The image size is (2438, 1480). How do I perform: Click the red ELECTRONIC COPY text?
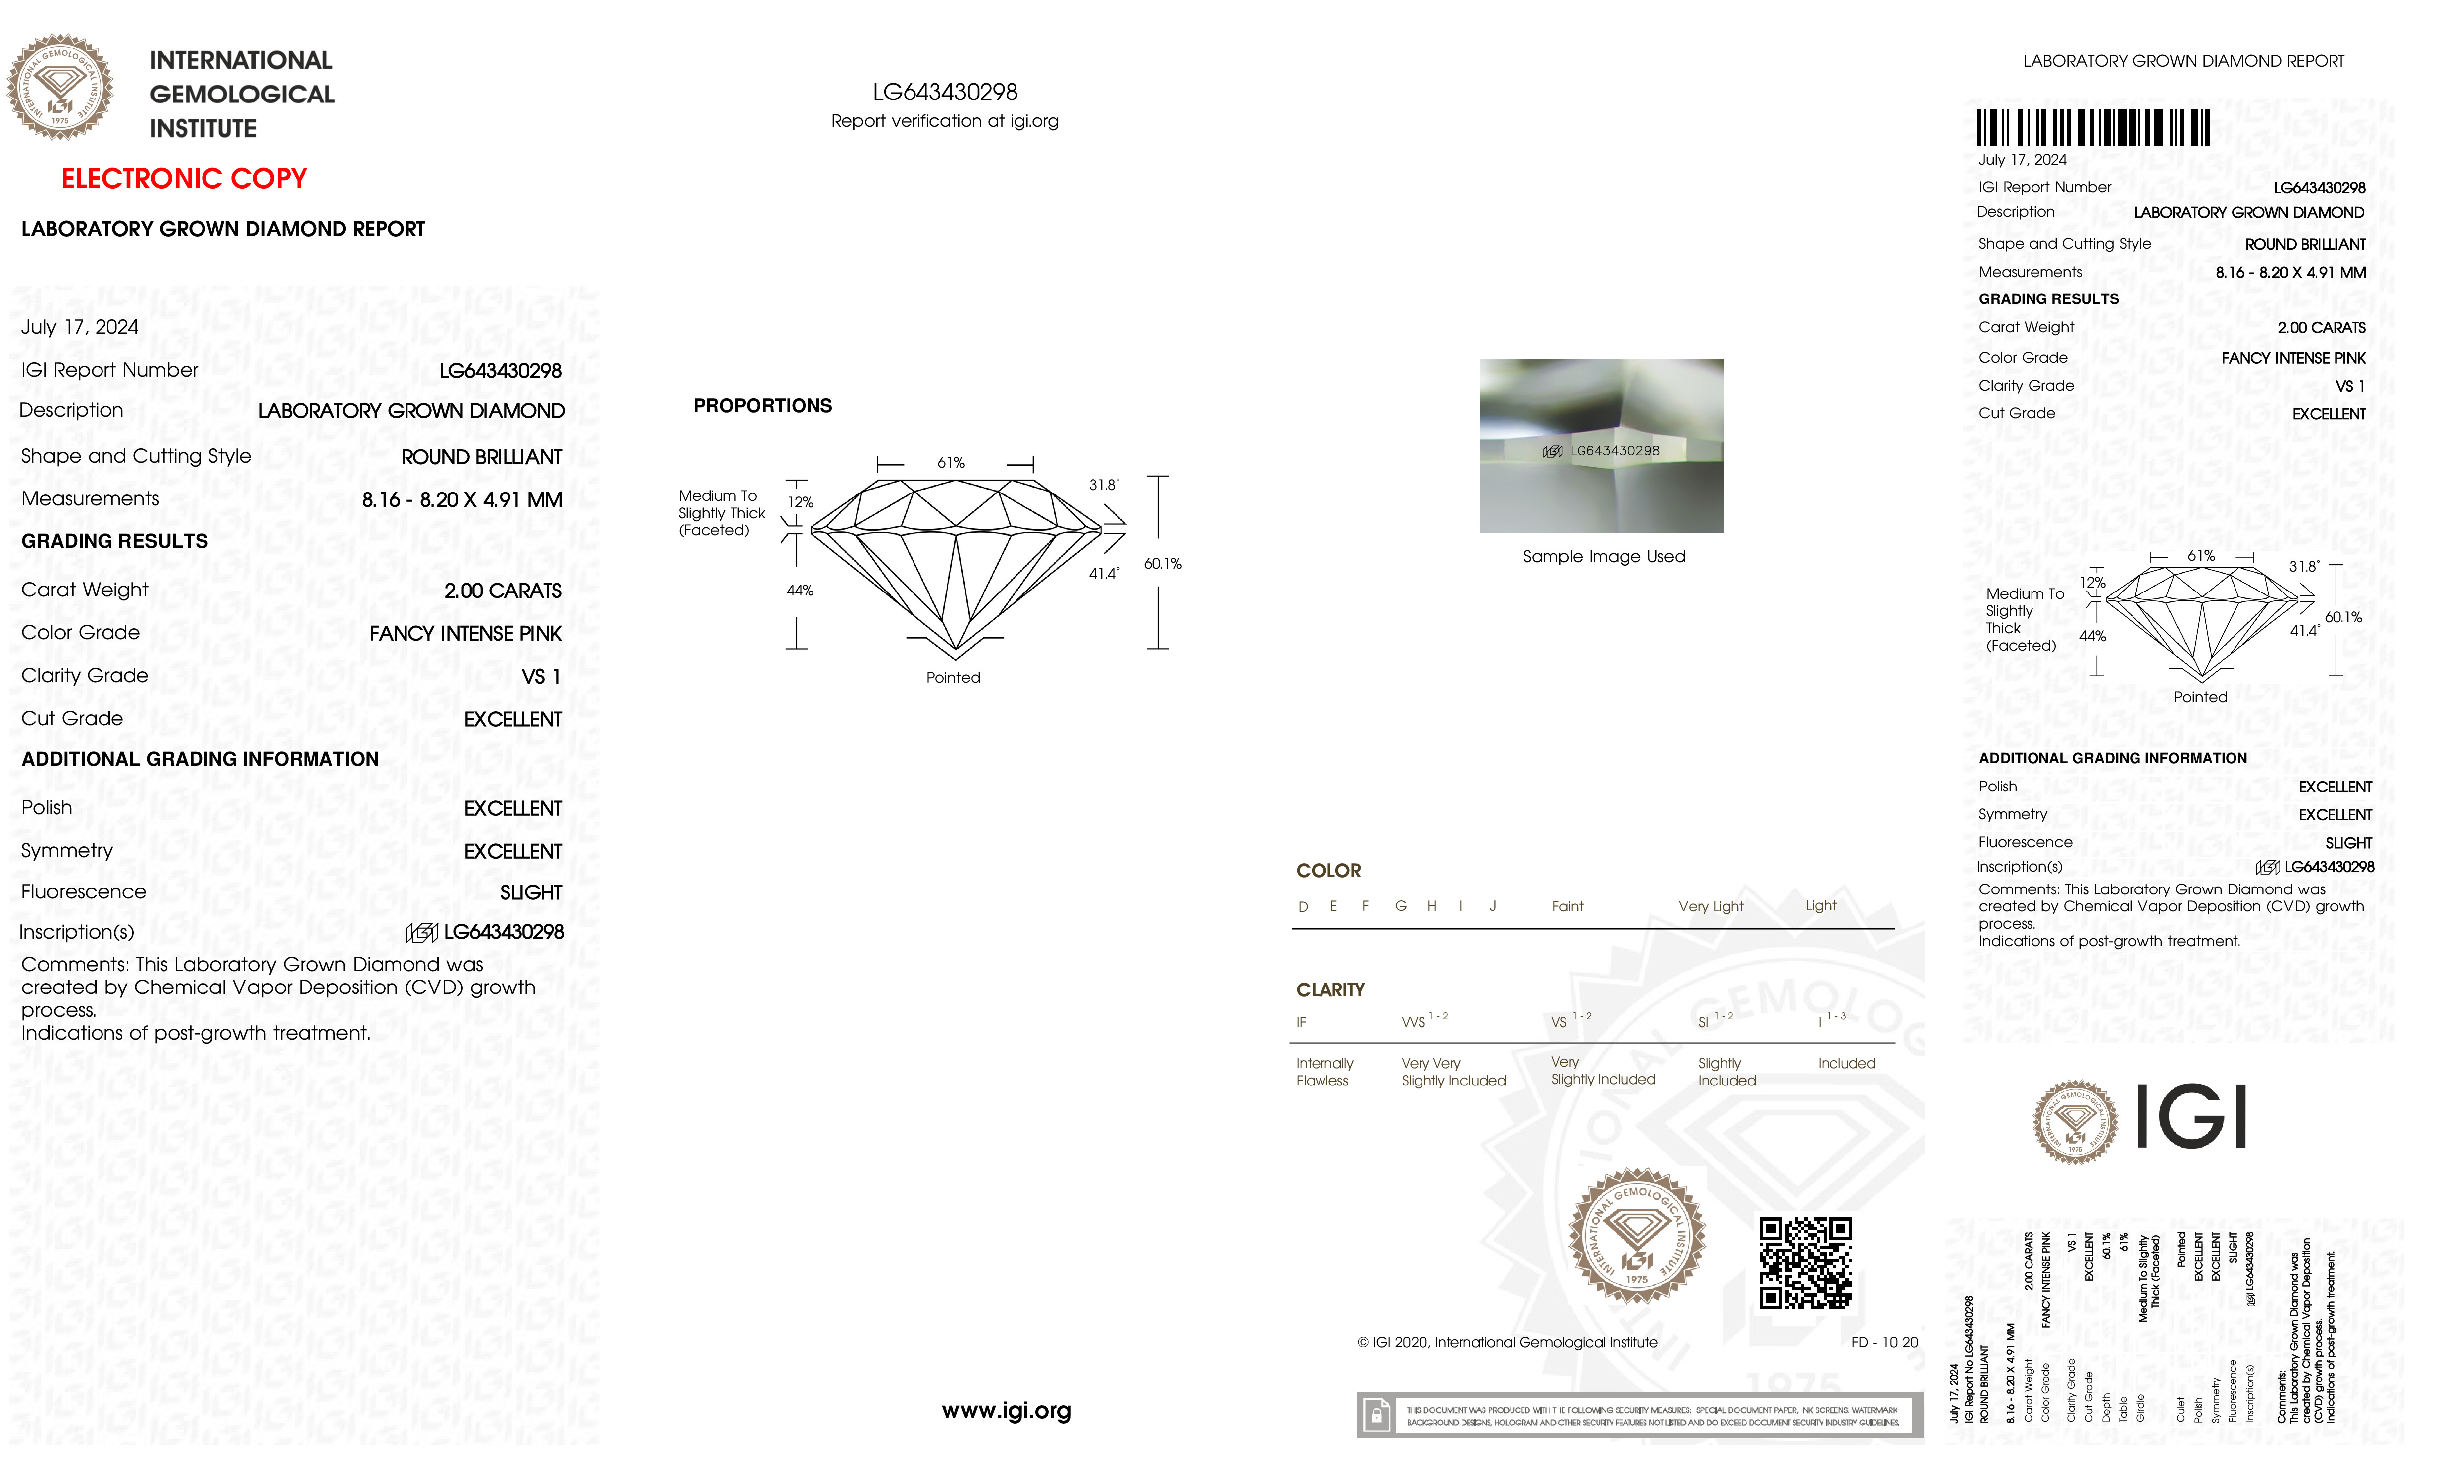pyautogui.click(x=184, y=179)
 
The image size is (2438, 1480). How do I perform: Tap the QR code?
pyautogui.click(x=1805, y=1263)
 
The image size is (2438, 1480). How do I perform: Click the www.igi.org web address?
pyautogui.click(x=1006, y=1411)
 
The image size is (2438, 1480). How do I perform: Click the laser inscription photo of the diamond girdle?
pyautogui.click(x=1601, y=446)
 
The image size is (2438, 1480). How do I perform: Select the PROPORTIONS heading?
pyautogui.click(x=762, y=405)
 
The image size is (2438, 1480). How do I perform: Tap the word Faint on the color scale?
pyautogui.click(x=1567, y=906)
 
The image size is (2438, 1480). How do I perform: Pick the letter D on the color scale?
pyautogui.click(x=1303, y=907)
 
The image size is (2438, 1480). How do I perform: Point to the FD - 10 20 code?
pyautogui.click(x=1884, y=1343)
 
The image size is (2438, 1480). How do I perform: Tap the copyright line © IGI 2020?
pyautogui.click(x=1507, y=1343)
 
